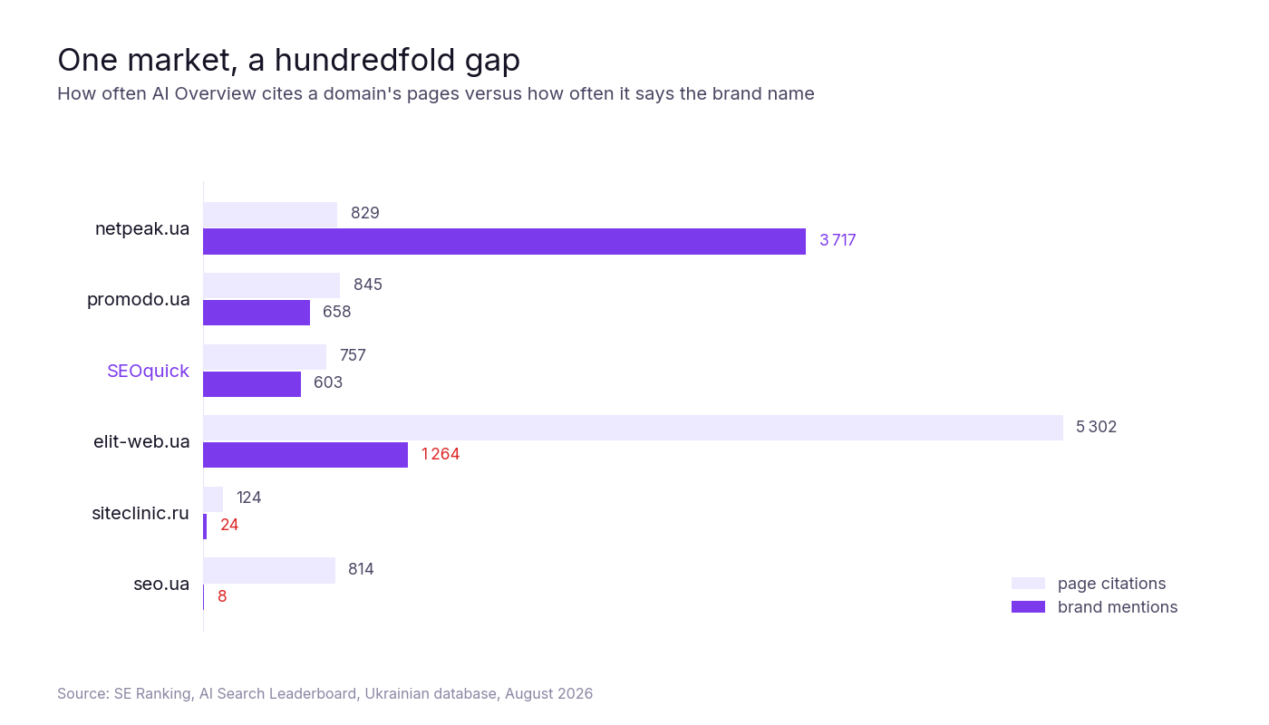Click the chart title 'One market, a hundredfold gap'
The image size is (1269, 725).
(288, 60)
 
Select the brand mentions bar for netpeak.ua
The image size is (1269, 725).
(504, 242)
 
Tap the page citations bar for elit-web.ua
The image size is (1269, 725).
(633, 428)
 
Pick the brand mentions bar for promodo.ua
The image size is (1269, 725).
(257, 313)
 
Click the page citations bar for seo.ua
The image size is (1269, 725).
(269, 570)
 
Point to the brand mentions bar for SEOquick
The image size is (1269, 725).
(252, 384)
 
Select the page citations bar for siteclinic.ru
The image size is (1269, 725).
(213, 499)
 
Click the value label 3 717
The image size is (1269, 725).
(838, 240)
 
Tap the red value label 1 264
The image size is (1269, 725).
(441, 454)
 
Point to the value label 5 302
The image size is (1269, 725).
(1096, 427)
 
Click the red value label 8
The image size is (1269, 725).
(222, 596)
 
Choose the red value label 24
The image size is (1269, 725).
(229, 525)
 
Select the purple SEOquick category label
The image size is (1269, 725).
(148, 371)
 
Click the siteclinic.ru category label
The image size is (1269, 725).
(140, 513)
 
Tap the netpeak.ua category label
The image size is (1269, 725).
(142, 228)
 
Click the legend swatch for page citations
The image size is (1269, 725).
(1028, 584)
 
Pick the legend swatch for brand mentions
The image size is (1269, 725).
(1028, 607)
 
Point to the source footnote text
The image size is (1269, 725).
(325, 694)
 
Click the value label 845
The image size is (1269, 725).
(368, 285)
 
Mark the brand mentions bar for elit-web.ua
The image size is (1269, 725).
(305, 455)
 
